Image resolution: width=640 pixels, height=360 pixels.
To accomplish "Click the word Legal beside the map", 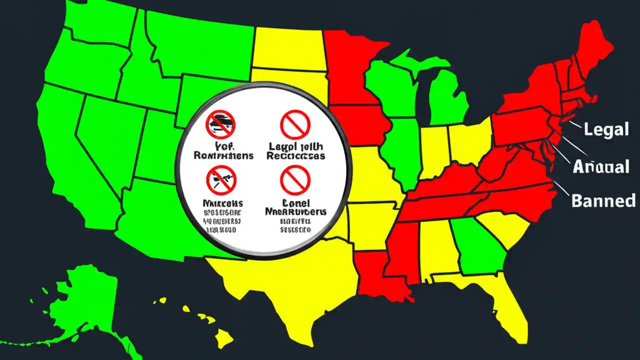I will coord(606,130).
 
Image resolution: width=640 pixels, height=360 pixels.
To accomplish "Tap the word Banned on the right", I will coord(603,200).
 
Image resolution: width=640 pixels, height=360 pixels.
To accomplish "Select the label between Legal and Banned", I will coord(600,166).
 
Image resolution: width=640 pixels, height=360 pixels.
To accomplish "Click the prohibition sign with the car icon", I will coord(220,124).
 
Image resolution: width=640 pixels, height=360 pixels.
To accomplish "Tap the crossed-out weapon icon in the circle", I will coord(220,180).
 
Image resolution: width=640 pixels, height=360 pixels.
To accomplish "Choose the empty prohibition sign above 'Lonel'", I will coord(295,180).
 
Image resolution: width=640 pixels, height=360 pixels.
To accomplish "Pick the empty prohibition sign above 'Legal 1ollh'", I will coord(295,124).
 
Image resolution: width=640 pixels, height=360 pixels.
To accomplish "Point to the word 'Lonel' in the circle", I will coord(296,203).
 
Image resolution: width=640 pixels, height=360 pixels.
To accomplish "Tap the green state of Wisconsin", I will coord(387,85).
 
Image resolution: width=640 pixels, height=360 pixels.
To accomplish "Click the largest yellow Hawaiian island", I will coord(225,340).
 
